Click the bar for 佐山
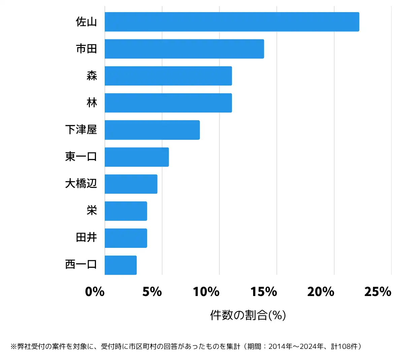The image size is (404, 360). [232, 22]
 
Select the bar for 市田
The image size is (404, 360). [184, 49]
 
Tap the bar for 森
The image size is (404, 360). [168, 76]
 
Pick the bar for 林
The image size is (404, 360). [168, 103]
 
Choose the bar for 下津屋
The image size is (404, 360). [152, 130]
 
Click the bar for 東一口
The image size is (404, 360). [137, 157]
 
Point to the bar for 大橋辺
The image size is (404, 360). [131, 184]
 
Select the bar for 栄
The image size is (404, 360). [126, 211]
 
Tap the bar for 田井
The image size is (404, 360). [126, 238]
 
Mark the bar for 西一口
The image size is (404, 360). [121, 265]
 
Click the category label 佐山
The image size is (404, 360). [86, 22]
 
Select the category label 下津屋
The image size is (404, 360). [81, 130]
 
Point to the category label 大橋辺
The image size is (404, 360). [81, 184]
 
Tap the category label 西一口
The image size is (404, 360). [81, 265]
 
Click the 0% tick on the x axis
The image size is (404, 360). [95, 292]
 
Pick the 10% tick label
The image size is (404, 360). [206, 292]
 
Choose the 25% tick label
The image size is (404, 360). [378, 292]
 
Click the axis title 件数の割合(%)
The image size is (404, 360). [248, 315]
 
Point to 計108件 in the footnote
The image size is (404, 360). [345, 347]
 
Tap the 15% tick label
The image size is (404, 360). [264, 292]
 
